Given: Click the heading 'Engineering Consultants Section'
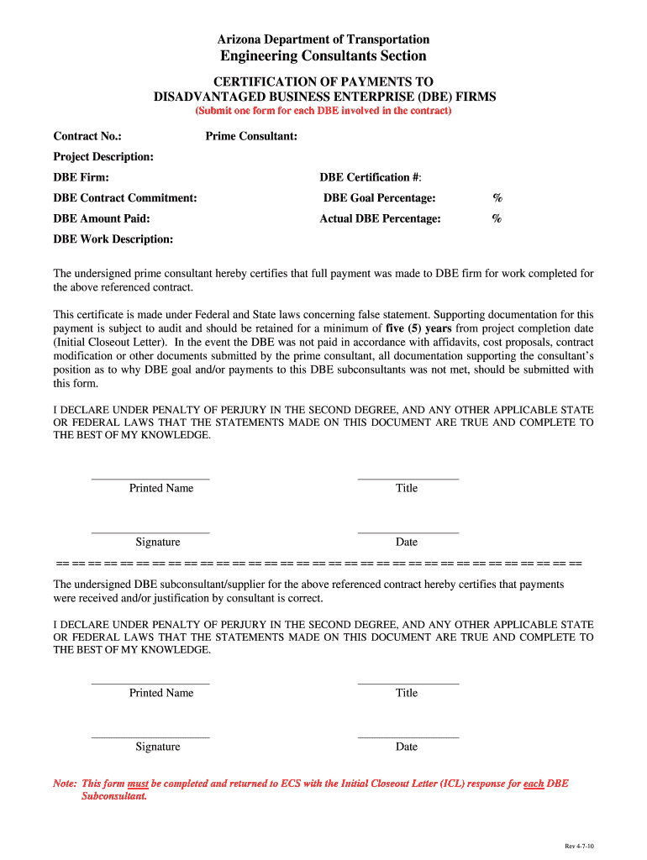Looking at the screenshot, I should click(x=323, y=56).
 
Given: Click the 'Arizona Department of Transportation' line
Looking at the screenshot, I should click(x=323, y=39).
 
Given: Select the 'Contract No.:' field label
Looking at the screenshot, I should click(x=87, y=136).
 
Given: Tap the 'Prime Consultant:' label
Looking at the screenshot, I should click(x=251, y=136).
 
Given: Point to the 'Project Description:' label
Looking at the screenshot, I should click(x=103, y=157).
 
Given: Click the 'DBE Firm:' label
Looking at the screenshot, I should click(x=82, y=177).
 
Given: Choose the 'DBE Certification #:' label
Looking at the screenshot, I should click(x=371, y=177).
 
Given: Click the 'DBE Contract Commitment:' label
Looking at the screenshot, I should click(x=125, y=198).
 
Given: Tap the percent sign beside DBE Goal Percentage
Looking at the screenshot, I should click(x=497, y=198).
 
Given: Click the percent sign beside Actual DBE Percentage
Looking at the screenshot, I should click(x=497, y=219).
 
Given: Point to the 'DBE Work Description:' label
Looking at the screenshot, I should click(x=113, y=239).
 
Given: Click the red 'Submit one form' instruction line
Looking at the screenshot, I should click(x=323, y=111).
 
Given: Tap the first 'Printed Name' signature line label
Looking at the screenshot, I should click(x=161, y=489).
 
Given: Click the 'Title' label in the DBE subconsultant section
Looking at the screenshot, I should click(x=407, y=694).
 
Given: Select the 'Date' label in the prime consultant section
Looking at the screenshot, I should click(x=407, y=543).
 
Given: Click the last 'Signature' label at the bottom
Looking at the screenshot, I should click(x=158, y=747).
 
